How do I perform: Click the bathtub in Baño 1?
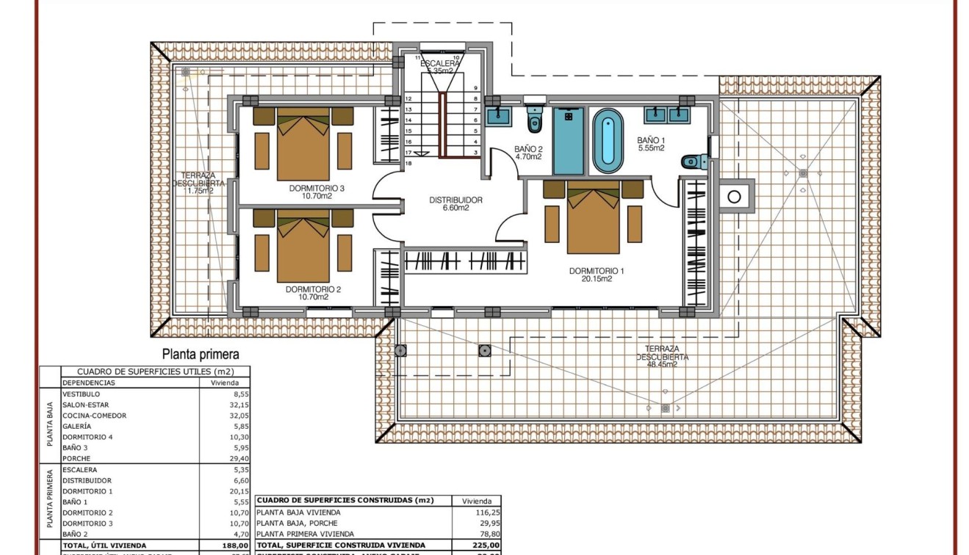(x=607, y=138)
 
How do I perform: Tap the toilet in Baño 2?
(x=534, y=120)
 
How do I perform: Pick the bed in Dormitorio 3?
(x=303, y=143)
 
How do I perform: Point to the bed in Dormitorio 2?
(x=303, y=245)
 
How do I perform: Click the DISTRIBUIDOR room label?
(x=455, y=200)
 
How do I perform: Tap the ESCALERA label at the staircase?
(x=440, y=64)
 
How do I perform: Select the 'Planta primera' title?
(x=200, y=355)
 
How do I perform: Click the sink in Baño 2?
(x=502, y=115)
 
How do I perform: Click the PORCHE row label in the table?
(x=76, y=458)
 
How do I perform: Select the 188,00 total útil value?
(x=234, y=545)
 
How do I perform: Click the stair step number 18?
(x=408, y=163)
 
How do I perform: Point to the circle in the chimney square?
(x=733, y=196)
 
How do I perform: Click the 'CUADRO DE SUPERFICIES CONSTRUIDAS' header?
(x=345, y=500)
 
